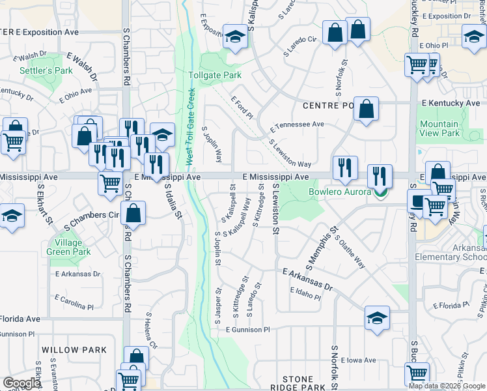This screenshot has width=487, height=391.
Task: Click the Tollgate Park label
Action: tap(214, 76)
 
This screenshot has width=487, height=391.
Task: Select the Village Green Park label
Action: tap(68, 248)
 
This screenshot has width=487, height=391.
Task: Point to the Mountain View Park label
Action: tap(439, 128)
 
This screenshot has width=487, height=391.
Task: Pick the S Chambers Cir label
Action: tap(90, 215)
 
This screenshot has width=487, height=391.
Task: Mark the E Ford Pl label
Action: tap(241, 108)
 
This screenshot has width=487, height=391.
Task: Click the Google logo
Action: tap(22, 383)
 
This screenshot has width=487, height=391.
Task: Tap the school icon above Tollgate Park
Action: tap(234, 37)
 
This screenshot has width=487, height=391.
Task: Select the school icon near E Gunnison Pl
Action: tap(377, 318)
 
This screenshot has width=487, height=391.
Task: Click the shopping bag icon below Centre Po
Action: tap(367, 110)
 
